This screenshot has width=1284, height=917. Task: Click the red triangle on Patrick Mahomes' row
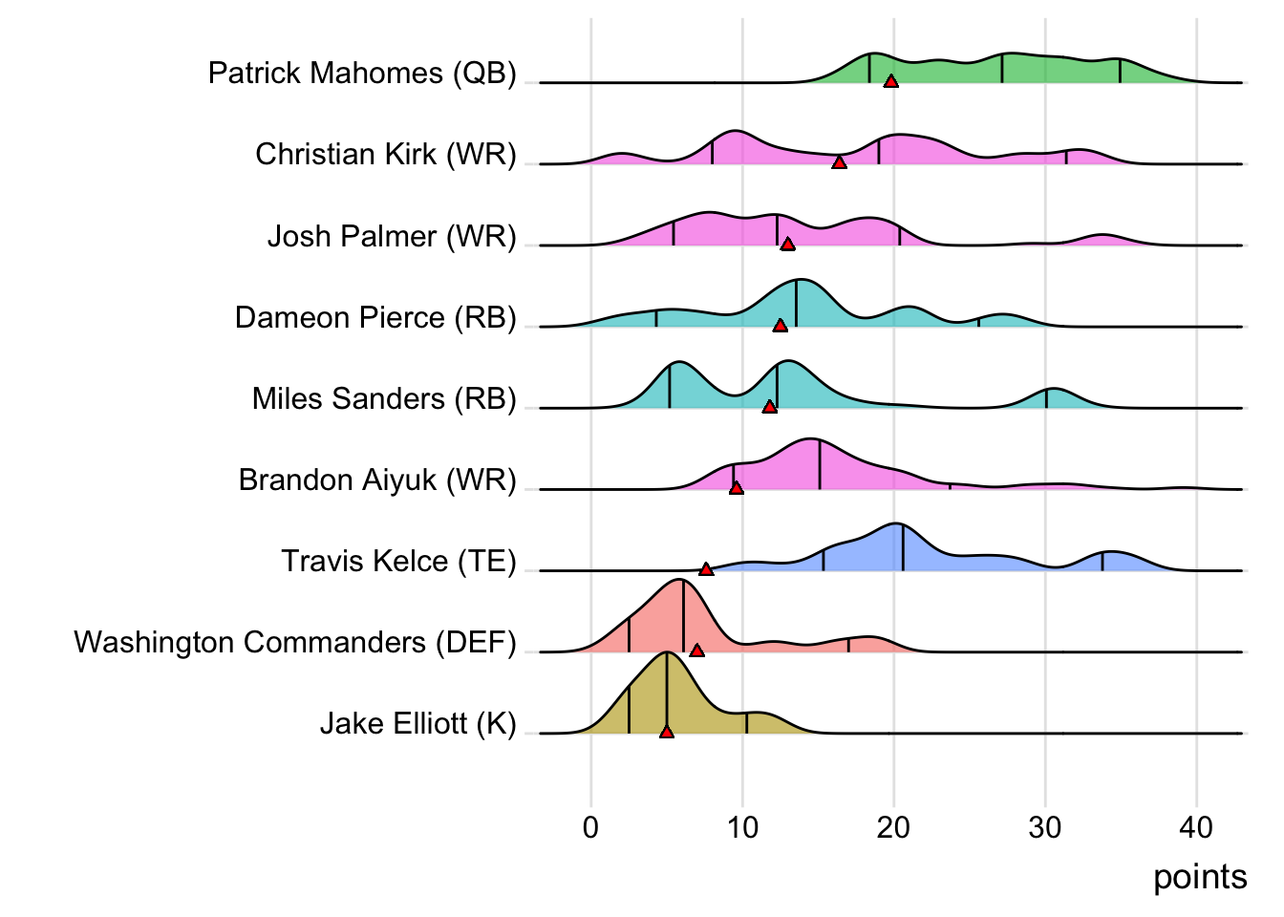tap(890, 82)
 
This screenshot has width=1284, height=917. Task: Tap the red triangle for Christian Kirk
tap(839, 163)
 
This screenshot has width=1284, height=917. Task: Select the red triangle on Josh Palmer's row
tap(787, 245)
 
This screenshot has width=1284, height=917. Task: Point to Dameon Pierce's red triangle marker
tap(780, 326)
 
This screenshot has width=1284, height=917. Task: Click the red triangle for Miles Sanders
tap(769, 407)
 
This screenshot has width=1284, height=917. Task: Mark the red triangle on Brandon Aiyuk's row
tap(736, 488)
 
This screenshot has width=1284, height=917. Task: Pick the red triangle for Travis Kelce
tap(706, 569)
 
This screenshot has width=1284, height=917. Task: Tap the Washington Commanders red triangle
tap(696, 650)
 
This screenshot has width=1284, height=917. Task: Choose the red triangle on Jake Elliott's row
tap(666, 732)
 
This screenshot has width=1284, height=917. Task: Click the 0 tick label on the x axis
tap(590, 827)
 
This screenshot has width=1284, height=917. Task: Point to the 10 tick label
tap(742, 827)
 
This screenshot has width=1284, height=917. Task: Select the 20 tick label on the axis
tap(893, 827)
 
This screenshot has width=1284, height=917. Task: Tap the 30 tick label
tap(1045, 827)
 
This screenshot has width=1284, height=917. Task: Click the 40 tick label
tap(1196, 827)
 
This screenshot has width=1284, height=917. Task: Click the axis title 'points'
tap(1200, 877)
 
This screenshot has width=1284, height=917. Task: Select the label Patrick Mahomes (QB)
tap(362, 74)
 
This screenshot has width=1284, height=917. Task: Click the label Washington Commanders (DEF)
tap(295, 642)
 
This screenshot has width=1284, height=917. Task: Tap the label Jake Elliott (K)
tap(417, 723)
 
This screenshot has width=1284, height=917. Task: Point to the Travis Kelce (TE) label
tap(398, 561)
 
